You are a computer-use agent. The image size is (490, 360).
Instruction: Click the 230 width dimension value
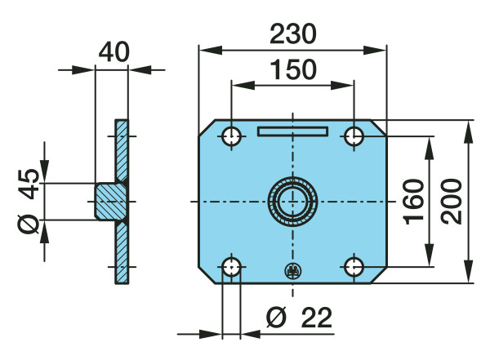[293, 33]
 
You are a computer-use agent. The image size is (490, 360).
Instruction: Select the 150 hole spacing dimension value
[293, 69]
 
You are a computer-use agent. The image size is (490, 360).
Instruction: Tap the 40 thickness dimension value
[114, 52]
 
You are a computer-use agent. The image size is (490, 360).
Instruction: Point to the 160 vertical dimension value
[414, 202]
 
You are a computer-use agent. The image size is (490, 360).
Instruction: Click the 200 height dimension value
[452, 202]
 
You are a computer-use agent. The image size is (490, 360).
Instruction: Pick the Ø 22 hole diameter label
[299, 318]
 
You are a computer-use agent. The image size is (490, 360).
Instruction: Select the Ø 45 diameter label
[29, 201]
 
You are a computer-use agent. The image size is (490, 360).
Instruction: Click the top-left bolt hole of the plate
[231, 136]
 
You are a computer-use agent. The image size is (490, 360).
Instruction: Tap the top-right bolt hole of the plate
[354, 136]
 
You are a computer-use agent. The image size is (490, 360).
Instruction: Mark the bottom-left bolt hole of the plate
[231, 267]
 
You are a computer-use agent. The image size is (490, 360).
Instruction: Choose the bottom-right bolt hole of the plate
[354, 267]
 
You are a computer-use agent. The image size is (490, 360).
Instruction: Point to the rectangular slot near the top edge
[292, 131]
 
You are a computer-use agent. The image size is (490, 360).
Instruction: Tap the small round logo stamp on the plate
[293, 271]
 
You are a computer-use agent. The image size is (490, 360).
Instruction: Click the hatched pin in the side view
[111, 202]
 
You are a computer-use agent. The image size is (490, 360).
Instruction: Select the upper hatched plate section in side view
[122, 150]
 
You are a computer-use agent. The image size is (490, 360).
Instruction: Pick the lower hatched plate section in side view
[122, 252]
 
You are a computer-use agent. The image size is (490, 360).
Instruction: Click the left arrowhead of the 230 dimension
[211, 50]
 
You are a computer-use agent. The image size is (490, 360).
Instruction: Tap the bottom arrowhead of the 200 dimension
[468, 271]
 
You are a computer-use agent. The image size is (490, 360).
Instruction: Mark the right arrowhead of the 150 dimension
[342, 85]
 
